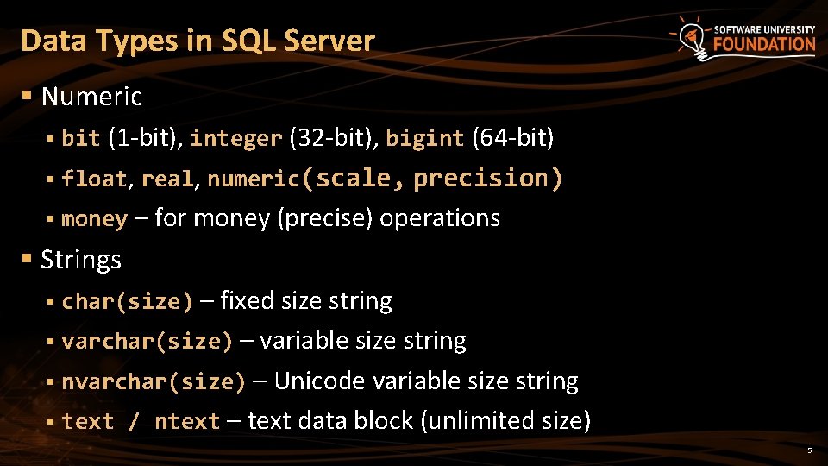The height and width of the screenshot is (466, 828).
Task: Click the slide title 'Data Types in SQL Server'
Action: click(198, 41)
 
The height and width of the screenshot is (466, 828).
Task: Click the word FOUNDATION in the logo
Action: click(764, 45)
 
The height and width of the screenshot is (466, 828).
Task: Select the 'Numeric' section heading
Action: click(91, 97)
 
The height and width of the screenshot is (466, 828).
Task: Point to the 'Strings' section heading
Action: click(81, 259)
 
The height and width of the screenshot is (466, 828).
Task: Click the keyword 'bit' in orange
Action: click(81, 138)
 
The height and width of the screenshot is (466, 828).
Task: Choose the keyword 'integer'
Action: click(235, 138)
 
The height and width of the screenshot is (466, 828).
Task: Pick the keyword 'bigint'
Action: click(424, 138)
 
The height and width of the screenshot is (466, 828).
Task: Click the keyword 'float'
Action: click(94, 179)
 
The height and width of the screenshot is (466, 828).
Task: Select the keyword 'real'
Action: click(166, 179)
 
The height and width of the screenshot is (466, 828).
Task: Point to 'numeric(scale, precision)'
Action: click(385, 178)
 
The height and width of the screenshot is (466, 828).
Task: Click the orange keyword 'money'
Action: click(94, 219)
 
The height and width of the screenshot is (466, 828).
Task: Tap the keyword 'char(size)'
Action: click(128, 301)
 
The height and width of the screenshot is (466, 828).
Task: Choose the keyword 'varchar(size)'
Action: click(147, 342)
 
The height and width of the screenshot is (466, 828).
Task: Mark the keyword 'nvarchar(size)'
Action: click(154, 381)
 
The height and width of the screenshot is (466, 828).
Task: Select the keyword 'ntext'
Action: click(187, 422)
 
